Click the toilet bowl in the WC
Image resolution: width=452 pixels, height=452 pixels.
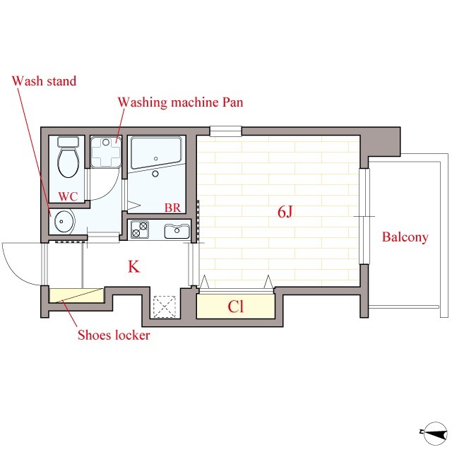pyautogui.click(x=69, y=157)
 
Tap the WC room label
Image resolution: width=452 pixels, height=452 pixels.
pyautogui.click(x=68, y=196)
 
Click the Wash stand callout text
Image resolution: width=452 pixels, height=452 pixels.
pyautogui.click(x=44, y=81)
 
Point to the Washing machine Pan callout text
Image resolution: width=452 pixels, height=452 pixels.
pyautogui.click(x=181, y=102)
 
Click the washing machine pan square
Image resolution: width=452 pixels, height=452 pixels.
pyautogui.click(x=106, y=152)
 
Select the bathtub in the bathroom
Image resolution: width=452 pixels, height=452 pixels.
pyautogui.click(x=156, y=153)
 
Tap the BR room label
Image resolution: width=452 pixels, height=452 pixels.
pyautogui.click(x=172, y=208)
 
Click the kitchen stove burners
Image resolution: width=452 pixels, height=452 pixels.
pyautogui.click(x=140, y=230)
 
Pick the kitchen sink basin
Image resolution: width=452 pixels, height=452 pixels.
pyautogui.click(x=177, y=231)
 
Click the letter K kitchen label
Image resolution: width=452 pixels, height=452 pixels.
pyautogui.click(x=134, y=267)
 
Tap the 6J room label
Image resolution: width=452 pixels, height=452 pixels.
pyautogui.click(x=285, y=212)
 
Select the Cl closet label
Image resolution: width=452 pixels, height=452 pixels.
pyautogui.click(x=235, y=307)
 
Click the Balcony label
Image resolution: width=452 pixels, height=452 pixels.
pyautogui.click(x=405, y=237)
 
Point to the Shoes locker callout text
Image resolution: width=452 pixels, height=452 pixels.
pyautogui.click(x=114, y=335)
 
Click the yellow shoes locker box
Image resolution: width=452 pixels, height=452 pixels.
pyautogui.click(x=77, y=295)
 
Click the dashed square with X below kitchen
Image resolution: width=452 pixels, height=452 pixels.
pyautogui.click(x=165, y=307)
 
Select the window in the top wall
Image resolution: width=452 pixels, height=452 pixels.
pyautogui.click(x=225, y=131)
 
